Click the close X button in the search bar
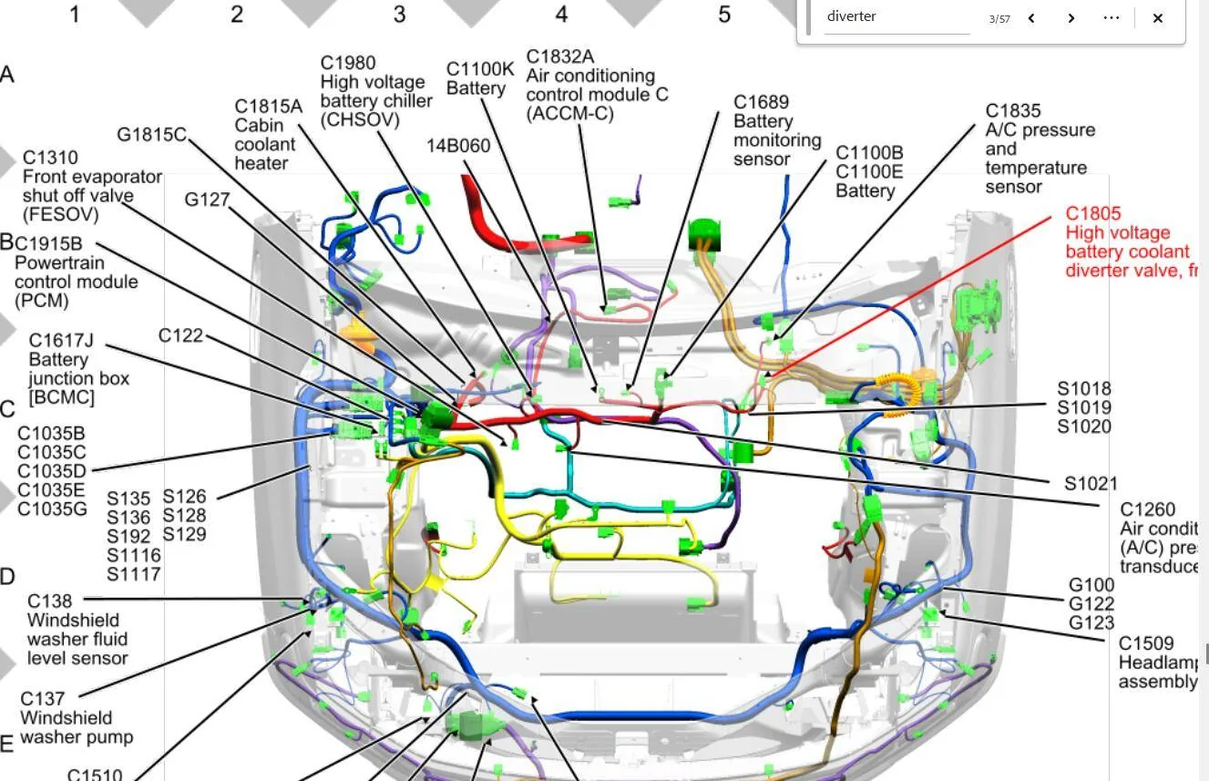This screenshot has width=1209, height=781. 1157,17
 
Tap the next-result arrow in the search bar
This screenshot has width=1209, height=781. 1071,17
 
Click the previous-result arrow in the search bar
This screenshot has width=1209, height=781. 1031,17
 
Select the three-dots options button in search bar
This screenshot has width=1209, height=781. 1111,17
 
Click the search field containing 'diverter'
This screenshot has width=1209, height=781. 897,16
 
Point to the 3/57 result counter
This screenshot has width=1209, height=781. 999,18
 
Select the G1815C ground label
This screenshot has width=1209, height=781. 151,135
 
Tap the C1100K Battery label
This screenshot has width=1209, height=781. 480,78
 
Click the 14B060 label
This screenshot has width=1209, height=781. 458,146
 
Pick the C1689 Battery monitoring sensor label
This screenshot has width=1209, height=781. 776,130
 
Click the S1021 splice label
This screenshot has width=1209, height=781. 1091,484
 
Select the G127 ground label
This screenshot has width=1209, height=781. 207,200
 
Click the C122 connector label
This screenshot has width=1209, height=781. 180,335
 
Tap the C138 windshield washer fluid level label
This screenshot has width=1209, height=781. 77,629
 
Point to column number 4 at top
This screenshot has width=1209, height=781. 561,15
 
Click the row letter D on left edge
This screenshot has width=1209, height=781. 7,577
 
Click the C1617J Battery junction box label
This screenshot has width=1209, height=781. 78,368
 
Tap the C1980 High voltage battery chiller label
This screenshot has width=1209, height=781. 375,90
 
